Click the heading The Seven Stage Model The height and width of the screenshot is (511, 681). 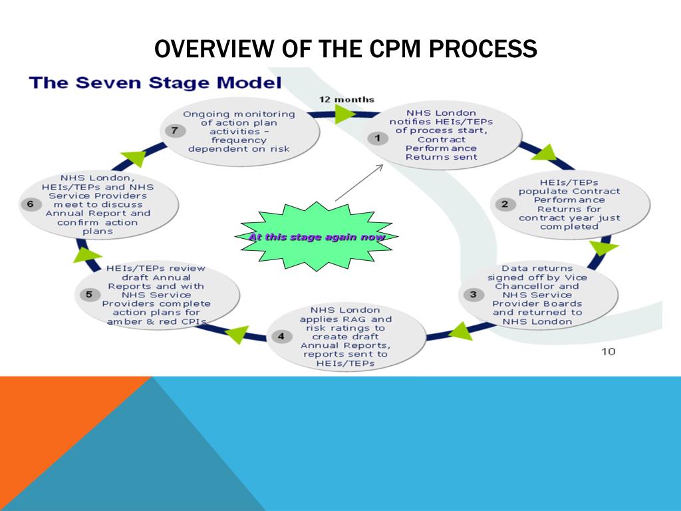coord(154,84)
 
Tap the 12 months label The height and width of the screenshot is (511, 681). coord(346,100)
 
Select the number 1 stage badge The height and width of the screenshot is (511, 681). coord(378,138)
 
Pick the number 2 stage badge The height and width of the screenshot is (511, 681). coord(504,204)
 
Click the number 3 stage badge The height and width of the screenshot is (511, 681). coord(473,294)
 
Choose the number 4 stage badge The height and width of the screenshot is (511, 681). coord(281,336)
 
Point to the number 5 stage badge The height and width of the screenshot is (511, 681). coord(88,295)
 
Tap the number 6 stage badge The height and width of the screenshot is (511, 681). coord(30,204)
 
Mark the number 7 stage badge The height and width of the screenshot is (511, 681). coord(174,130)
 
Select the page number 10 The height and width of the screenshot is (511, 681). coord(608,351)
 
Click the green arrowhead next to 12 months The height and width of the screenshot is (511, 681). coord(345,114)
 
